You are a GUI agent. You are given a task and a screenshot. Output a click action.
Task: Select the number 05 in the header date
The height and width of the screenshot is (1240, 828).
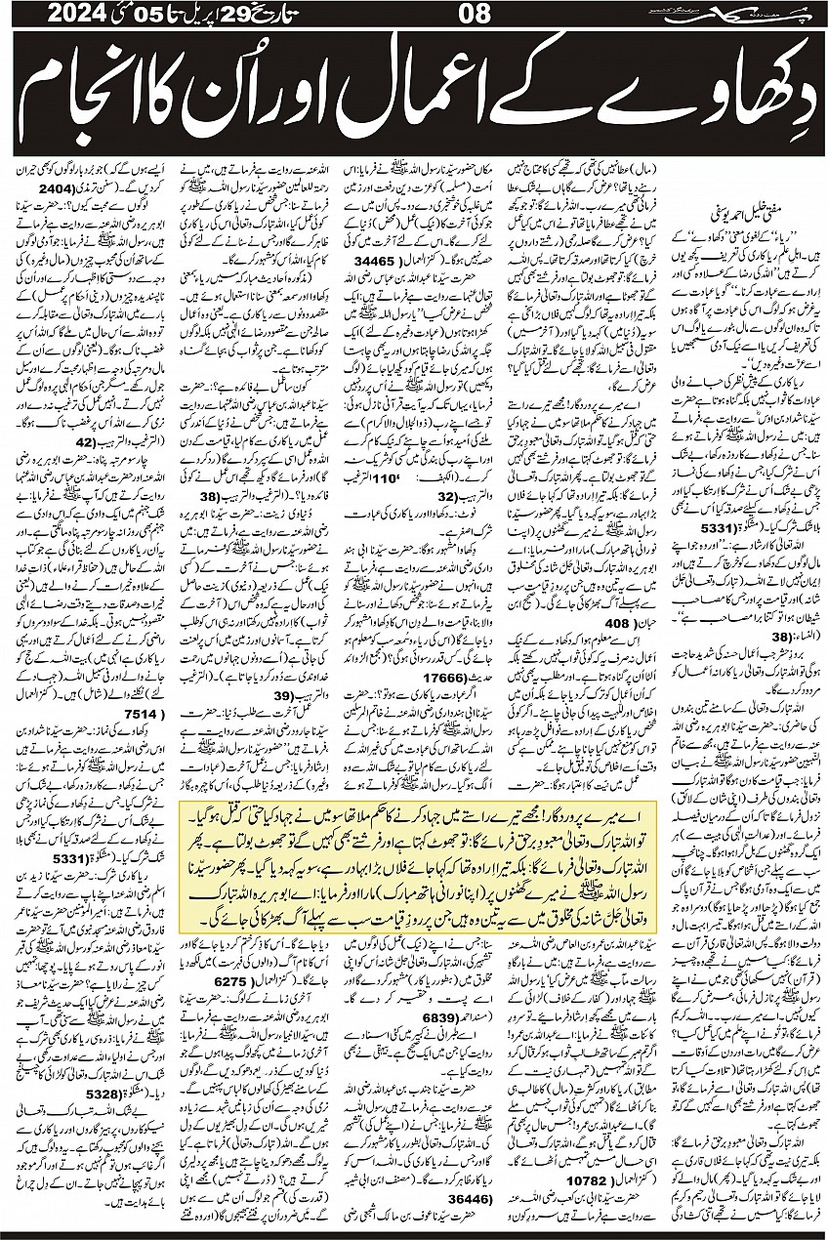point(125,17)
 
